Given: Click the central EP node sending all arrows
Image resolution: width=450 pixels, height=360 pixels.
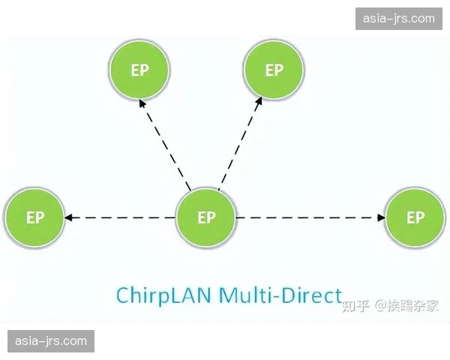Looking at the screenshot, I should click(x=205, y=218).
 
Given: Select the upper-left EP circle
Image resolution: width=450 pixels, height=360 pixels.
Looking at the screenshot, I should click(x=139, y=70).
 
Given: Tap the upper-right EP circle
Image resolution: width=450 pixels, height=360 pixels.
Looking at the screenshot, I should click(x=274, y=70).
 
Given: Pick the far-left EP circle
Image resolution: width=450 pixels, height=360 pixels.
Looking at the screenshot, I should click(x=34, y=218).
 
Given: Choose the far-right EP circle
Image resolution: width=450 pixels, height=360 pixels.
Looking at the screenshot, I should click(x=415, y=218).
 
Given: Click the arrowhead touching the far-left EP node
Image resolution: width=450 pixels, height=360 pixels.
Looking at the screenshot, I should click(x=68, y=218).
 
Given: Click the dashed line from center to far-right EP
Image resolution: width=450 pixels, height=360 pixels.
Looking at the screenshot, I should click(x=307, y=218).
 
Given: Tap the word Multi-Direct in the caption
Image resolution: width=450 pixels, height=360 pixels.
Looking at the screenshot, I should click(x=280, y=294).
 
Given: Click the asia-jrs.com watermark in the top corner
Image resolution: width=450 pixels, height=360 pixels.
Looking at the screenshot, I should click(x=398, y=18).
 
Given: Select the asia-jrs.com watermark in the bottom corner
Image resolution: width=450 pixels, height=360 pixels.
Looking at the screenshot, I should click(x=51, y=341).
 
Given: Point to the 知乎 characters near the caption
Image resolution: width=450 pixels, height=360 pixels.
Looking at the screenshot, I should click(x=355, y=305).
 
